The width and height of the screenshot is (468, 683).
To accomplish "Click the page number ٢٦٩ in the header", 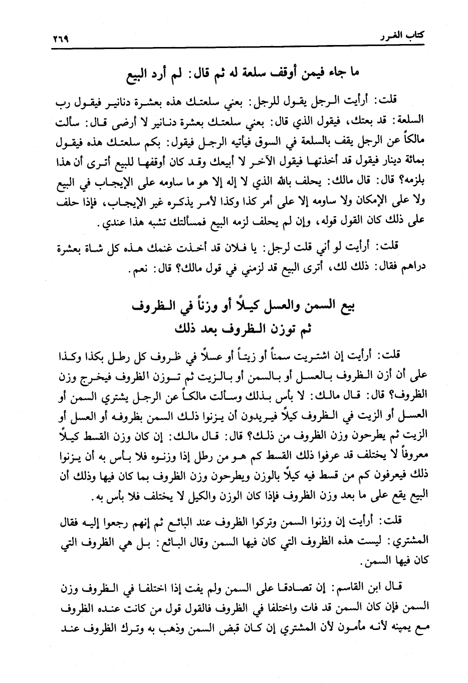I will [60, 39].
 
